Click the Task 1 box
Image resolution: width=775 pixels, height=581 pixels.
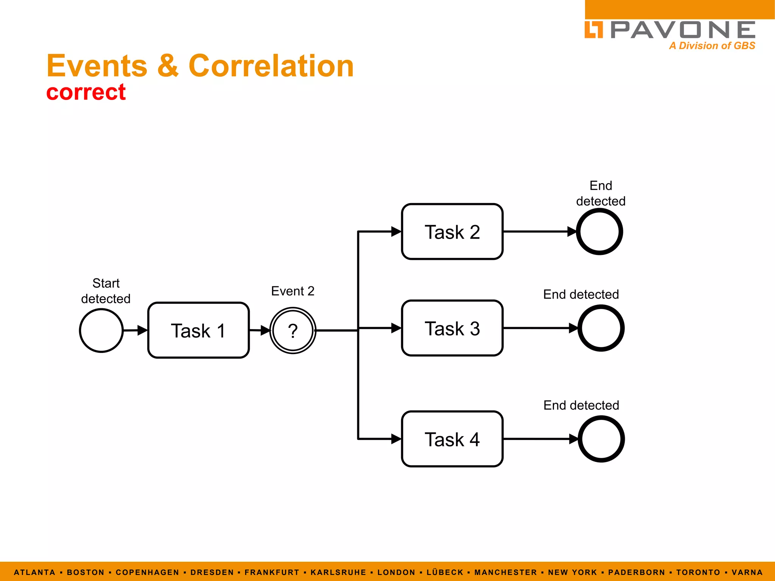198,330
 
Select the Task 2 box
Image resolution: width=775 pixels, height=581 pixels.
452,231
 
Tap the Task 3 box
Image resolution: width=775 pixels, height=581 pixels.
452,328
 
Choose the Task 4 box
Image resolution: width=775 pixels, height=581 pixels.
452,439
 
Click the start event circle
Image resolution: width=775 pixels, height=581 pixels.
101,331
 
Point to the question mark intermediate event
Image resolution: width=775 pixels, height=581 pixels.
293,331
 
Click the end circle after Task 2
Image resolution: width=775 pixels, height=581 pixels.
599,231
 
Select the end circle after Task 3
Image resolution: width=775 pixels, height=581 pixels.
601,328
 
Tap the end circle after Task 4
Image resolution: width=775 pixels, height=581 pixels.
601,439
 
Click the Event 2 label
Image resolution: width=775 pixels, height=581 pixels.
293,291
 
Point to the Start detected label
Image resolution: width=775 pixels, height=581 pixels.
106,291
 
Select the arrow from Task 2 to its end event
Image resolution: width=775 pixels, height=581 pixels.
537,231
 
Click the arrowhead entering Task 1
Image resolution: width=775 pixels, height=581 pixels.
142,330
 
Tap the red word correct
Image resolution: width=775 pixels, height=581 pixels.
86,92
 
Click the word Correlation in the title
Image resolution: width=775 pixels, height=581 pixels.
271,66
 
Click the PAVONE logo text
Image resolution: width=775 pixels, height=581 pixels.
683,30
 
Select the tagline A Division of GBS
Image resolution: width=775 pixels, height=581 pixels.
712,46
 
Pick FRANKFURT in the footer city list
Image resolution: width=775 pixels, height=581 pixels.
272,572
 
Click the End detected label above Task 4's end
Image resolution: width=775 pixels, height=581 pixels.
581,405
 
